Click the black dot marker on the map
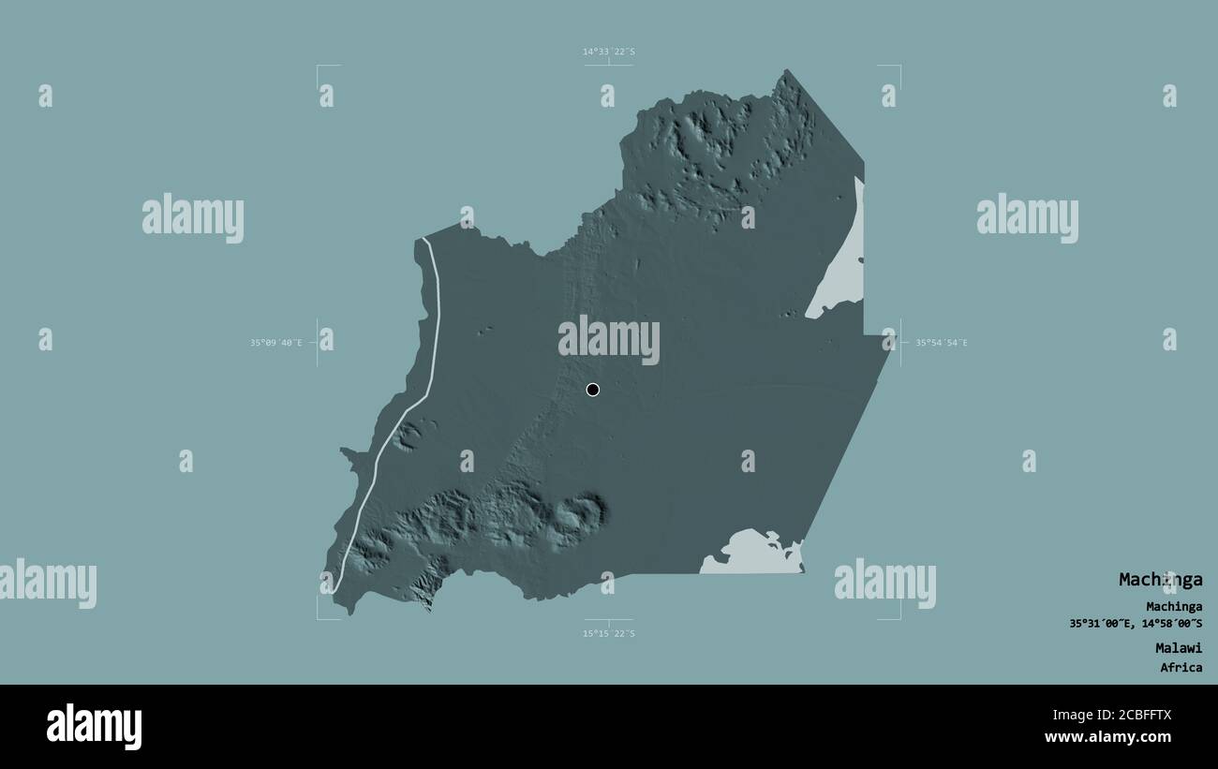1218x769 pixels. (x=592, y=390)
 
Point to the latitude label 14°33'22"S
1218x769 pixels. (x=609, y=52)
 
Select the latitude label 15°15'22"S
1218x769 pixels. (x=609, y=634)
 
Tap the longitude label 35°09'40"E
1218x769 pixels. (x=275, y=343)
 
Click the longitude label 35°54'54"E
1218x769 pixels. (x=942, y=343)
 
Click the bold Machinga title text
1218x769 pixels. (x=1160, y=580)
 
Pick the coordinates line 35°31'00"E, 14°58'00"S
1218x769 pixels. (x=1136, y=624)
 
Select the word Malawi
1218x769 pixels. (x=1178, y=647)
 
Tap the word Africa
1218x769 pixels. (x=1181, y=668)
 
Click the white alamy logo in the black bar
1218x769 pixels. (x=94, y=727)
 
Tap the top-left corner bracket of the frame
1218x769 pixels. (x=319, y=67)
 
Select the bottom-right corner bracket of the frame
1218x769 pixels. (x=899, y=618)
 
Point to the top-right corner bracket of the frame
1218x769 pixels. (x=899, y=67)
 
